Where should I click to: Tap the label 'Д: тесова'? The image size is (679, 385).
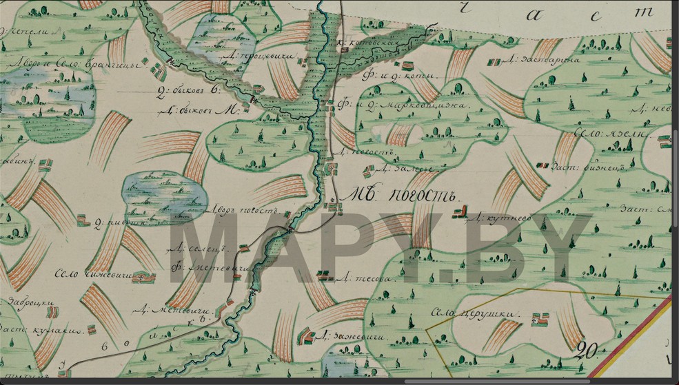coord(358,279)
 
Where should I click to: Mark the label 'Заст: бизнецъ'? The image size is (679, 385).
coord(582,166)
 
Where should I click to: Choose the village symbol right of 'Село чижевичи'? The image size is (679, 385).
coord(143,277)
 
